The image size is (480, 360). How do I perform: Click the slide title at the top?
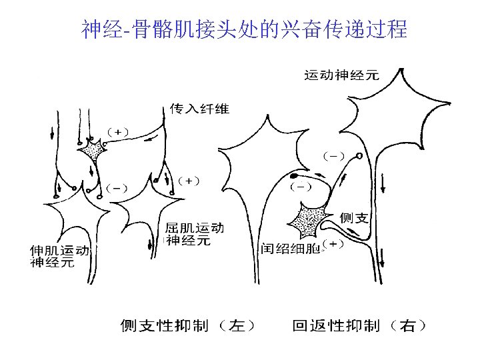coord(244,29)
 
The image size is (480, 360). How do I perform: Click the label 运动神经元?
coord(342,75)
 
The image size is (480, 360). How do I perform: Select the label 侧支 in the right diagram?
coord(355,217)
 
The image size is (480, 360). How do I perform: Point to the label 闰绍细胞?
coord(290,249)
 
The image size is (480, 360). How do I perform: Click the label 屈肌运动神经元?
coord(194,234)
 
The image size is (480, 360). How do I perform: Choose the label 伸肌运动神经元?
coord(59,256)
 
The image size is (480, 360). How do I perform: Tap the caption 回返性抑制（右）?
coord(360,325)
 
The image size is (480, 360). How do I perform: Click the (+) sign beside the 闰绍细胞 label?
coord(333,243)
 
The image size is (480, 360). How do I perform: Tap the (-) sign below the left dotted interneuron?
coord(117,187)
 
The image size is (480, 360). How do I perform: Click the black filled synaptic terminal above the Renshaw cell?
coord(294,176)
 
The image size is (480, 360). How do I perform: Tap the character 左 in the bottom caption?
coord(235,325)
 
